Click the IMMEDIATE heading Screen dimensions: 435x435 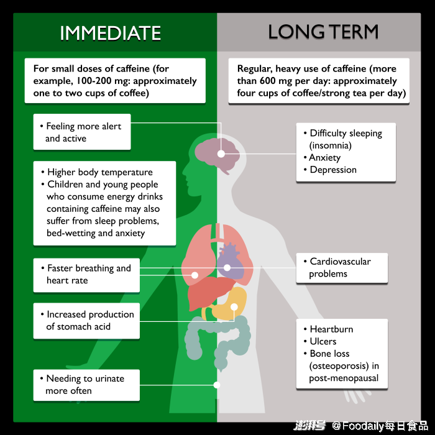coord(111,33)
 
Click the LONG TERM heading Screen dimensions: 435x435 coord(323,32)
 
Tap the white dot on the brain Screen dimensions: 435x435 coord(221,153)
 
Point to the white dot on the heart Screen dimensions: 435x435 coord(227,268)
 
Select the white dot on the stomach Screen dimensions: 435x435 coord(234,307)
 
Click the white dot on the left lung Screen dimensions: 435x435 coord(195,275)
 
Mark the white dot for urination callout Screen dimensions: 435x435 coord(217,385)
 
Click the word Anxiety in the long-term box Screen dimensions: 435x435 coord(325,158)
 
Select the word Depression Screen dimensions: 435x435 coord(333,170)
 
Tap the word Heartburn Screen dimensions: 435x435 coord(331,329)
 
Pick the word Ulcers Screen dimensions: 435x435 coord(323,342)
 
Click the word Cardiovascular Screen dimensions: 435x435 coord(340,262)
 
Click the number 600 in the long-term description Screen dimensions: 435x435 coord(268,81)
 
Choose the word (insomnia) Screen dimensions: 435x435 coord(331,145)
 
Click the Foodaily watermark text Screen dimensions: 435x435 coord(380,426)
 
